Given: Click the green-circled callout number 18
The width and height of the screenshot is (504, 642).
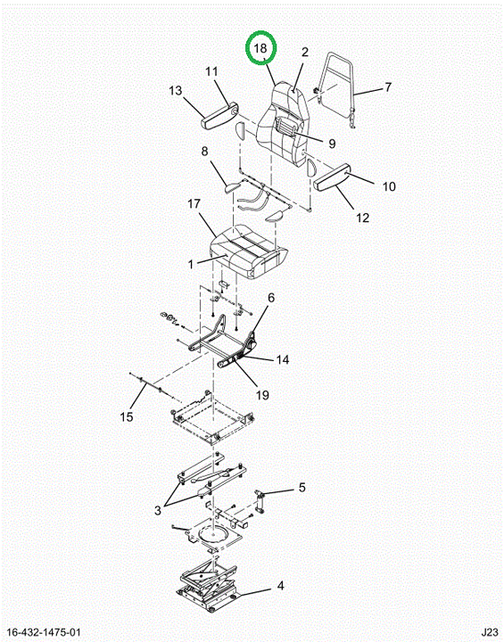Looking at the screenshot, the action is pyautogui.click(x=260, y=48).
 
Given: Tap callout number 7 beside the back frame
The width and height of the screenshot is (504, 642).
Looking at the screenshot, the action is pyautogui.click(x=388, y=87).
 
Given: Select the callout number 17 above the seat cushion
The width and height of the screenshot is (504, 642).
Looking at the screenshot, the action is pyautogui.click(x=194, y=204).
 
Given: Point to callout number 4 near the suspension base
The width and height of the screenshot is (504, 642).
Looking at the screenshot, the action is pyautogui.click(x=280, y=586).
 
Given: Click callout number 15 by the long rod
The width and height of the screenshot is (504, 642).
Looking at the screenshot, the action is pyautogui.click(x=127, y=416).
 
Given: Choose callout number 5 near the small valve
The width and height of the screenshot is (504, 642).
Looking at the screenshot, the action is pyautogui.click(x=302, y=487).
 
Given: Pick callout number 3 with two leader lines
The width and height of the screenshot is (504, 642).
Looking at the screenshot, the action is pyautogui.click(x=158, y=511).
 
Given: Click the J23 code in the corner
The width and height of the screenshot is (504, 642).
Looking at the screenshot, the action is pyautogui.click(x=490, y=631).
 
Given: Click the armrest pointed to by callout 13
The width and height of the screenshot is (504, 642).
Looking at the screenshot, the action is pyautogui.click(x=219, y=116).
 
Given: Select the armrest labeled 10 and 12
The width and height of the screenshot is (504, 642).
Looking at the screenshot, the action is pyautogui.click(x=332, y=177).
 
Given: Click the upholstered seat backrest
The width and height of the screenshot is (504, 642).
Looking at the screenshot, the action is pyautogui.click(x=282, y=123).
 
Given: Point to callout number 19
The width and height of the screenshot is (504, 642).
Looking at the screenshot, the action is pyautogui.click(x=262, y=395).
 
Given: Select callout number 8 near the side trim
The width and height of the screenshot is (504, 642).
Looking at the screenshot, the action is pyautogui.click(x=204, y=152).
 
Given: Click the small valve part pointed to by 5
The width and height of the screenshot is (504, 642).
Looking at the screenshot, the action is pyautogui.click(x=260, y=500).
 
